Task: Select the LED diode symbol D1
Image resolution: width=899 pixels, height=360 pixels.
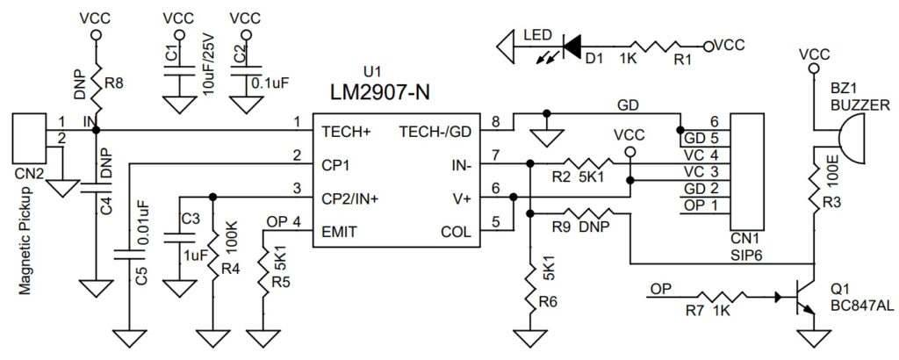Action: pos(573,43)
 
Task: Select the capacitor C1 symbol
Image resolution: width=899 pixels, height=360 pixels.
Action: pos(179,75)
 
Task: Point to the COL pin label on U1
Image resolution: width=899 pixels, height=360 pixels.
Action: pos(456,232)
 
